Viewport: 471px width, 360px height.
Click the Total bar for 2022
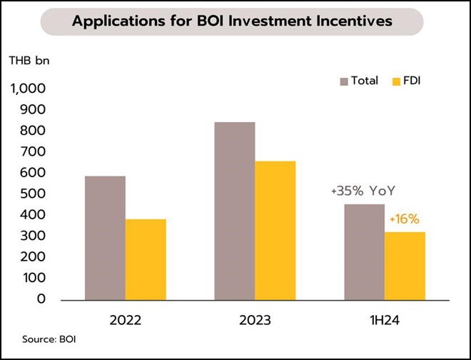105,237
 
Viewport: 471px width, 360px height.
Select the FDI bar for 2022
146,259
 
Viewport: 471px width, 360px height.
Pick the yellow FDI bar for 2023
275,230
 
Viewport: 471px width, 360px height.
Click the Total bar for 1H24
364,251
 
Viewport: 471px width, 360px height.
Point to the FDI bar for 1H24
405,265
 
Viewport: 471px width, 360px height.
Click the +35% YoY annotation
363,192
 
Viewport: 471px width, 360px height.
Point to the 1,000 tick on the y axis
28,89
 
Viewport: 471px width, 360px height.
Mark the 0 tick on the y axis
41,299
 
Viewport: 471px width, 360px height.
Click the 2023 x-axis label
255,319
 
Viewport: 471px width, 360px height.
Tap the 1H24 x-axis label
384,319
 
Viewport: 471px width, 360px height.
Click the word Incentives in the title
352,21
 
